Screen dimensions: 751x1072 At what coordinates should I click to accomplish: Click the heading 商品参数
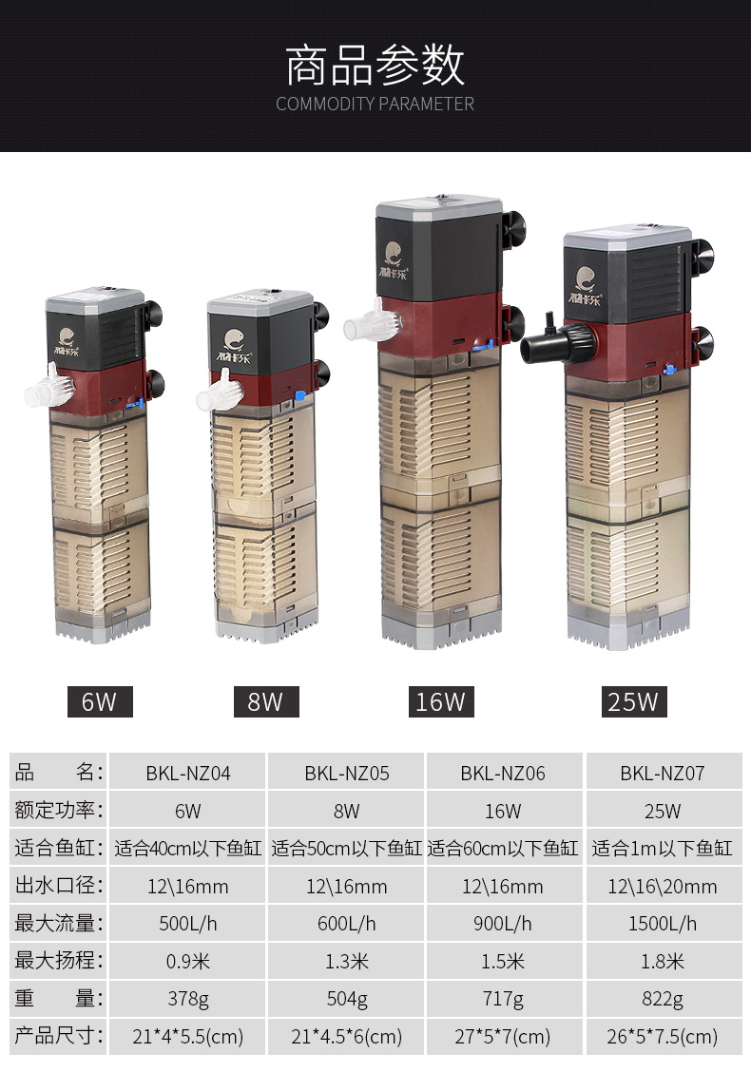tap(375, 66)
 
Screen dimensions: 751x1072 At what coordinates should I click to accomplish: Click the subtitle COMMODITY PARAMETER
tap(375, 104)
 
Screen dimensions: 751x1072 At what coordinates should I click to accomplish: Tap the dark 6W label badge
tap(100, 701)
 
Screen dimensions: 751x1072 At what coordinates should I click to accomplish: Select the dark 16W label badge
tap(441, 701)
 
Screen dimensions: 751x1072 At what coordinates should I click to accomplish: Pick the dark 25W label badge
tap(633, 701)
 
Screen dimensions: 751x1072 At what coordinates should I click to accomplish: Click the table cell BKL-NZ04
tap(188, 774)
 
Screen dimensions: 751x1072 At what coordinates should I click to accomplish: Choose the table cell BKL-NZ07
tap(662, 774)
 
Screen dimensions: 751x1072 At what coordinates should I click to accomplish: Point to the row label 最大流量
tap(58, 923)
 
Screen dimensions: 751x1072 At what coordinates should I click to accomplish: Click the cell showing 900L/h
tap(503, 924)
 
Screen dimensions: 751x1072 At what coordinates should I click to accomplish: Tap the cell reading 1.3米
tap(347, 961)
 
